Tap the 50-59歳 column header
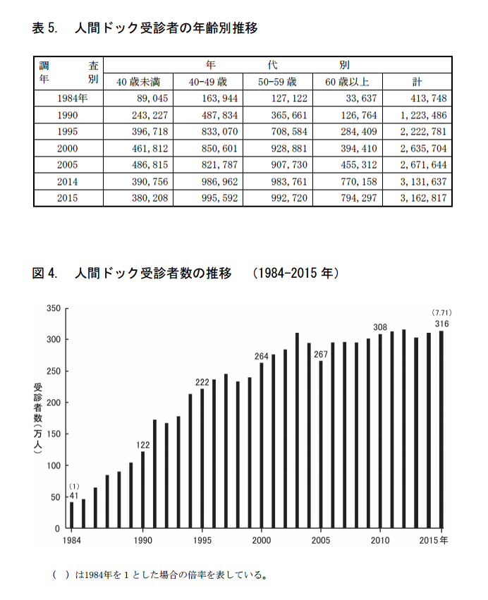[279, 81]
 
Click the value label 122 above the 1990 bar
[143, 444]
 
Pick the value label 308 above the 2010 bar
[380, 327]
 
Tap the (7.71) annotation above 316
[441, 312]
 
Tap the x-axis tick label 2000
[262, 540]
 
